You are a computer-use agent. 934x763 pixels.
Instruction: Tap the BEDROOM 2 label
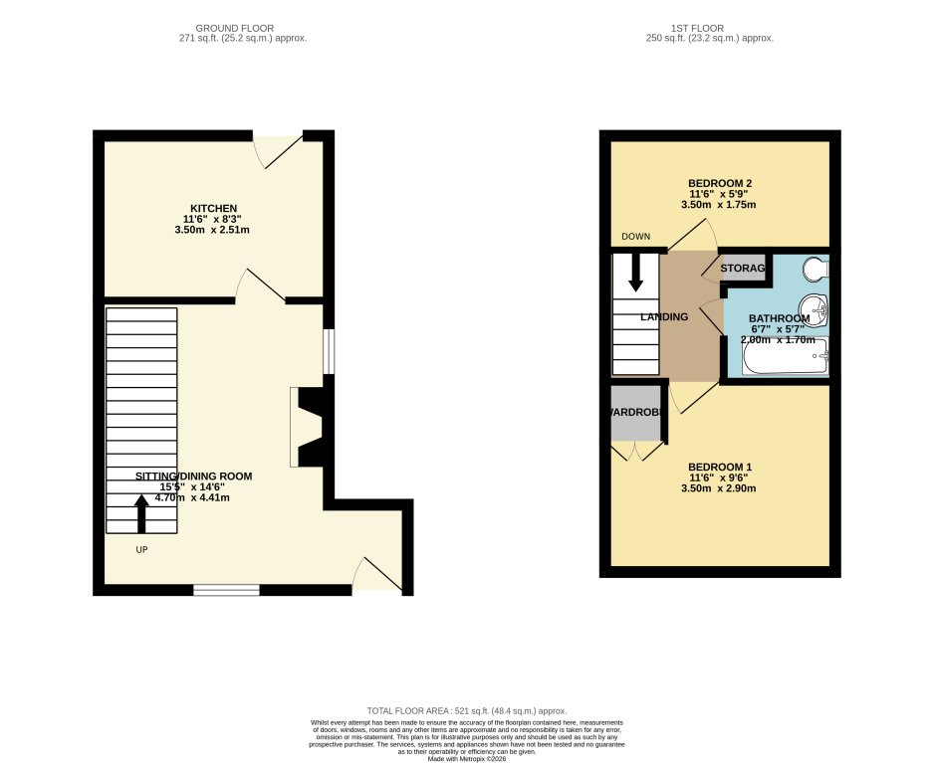pyautogui.click(x=719, y=183)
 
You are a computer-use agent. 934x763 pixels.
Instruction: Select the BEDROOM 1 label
pyautogui.click(x=719, y=468)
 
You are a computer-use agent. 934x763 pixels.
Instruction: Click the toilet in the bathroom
pyautogui.click(x=816, y=268)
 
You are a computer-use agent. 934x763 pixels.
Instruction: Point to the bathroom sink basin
pyautogui.click(x=817, y=309)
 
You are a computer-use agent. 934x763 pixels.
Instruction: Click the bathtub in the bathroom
pyautogui.click(x=785, y=357)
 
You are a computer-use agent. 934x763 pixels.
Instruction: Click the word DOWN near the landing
pyautogui.click(x=635, y=237)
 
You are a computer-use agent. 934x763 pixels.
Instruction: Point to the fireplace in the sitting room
pyautogui.click(x=310, y=427)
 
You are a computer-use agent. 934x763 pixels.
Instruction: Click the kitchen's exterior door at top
pyautogui.click(x=278, y=150)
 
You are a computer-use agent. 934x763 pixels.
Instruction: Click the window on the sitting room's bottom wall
pyautogui.click(x=226, y=590)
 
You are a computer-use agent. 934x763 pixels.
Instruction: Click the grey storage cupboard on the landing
pyautogui.click(x=741, y=269)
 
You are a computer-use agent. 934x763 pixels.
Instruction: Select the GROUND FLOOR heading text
pyautogui.click(x=235, y=28)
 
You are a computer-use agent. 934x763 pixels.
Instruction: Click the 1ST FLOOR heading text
pyautogui.click(x=709, y=28)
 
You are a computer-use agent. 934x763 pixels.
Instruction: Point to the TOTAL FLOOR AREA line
pyautogui.click(x=467, y=711)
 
